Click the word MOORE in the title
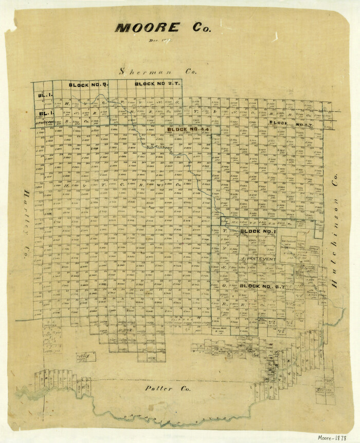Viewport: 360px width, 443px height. pyautogui.click(x=147, y=28)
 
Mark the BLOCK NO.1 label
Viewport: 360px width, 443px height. pyautogui.click(x=259, y=231)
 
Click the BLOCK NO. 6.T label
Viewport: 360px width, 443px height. pyautogui.click(x=259, y=285)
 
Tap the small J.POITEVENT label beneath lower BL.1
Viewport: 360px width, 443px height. pyautogui.click(x=45, y=122)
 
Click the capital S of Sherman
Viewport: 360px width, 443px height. pyautogui.click(x=122, y=71)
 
